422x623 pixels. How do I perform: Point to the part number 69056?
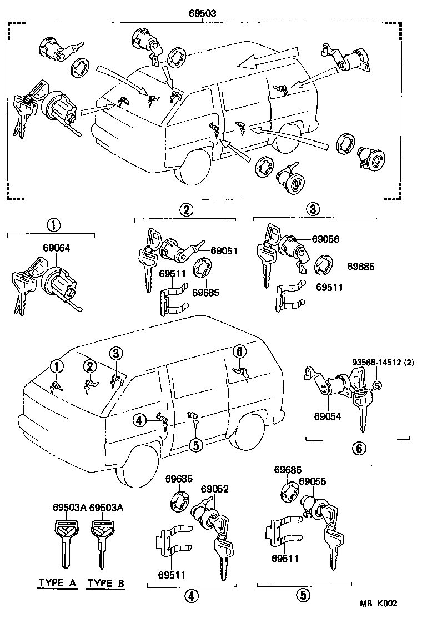(325, 239)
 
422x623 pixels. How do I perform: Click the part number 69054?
(327, 415)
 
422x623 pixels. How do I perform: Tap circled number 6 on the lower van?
(239, 351)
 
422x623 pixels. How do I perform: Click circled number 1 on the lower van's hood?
(56, 366)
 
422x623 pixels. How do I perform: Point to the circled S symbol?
(376, 385)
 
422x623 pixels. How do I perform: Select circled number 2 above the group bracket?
(186, 209)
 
